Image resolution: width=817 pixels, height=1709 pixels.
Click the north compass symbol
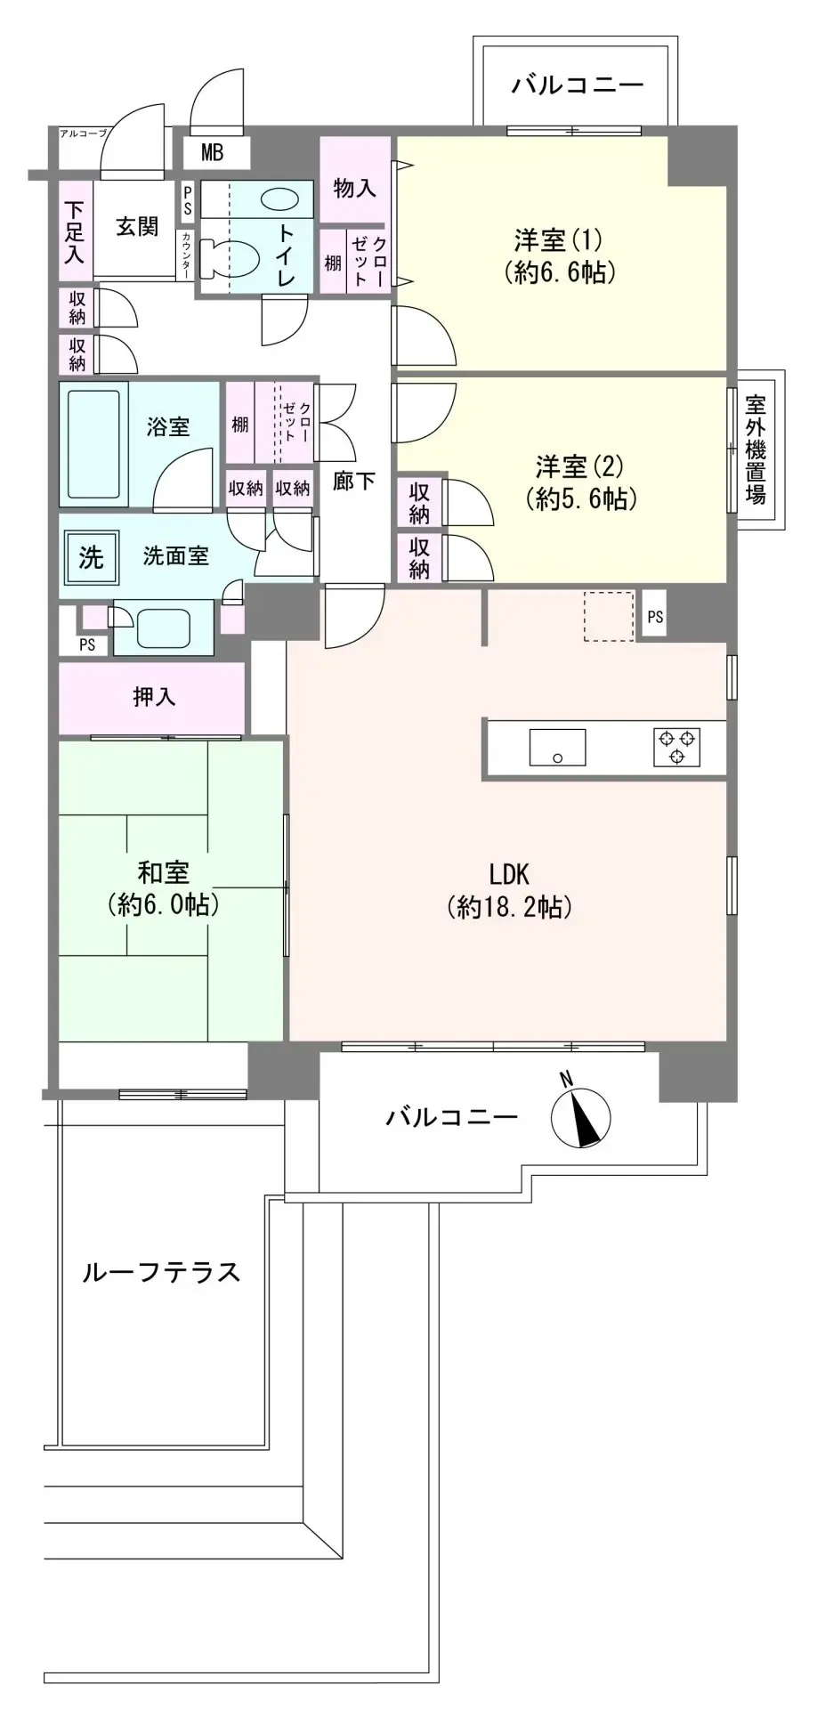(x=580, y=1115)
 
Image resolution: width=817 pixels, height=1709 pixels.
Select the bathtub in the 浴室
(x=93, y=445)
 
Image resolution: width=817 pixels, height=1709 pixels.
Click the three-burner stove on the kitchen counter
(x=677, y=747)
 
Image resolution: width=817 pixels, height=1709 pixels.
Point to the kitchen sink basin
(x=557, y=747)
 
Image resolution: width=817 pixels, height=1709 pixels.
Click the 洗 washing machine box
(x=92, y=557)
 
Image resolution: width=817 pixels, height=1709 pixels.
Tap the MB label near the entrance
(x=212, y=153)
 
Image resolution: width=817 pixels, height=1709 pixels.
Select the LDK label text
(x=508, y=872)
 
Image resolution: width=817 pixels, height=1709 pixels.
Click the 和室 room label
(x=164, y=871)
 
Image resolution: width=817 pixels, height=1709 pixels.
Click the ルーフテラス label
(x=161, y=1271)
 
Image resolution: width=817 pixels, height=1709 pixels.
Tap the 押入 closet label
(x=154, y=697)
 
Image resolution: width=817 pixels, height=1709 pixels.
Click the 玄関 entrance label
(x=137, y=226)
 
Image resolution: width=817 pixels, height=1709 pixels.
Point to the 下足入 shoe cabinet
(x=75, y=231)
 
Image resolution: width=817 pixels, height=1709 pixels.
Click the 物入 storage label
(x=354, y=188)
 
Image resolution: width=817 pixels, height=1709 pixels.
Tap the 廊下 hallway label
(x=353, y=481)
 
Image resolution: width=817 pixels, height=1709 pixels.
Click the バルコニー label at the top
(x=577, y=86)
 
